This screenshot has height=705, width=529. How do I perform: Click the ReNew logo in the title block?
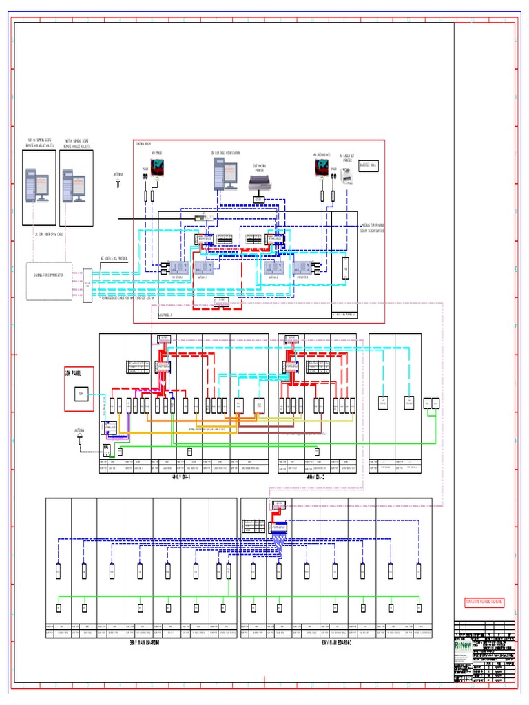[464, 646]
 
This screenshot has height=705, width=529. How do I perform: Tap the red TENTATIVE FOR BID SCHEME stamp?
[484, 601]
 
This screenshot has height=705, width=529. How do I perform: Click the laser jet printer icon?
[347, 176]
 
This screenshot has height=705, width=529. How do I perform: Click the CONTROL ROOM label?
[144, 144]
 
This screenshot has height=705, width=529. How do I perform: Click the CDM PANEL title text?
[74, 372]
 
